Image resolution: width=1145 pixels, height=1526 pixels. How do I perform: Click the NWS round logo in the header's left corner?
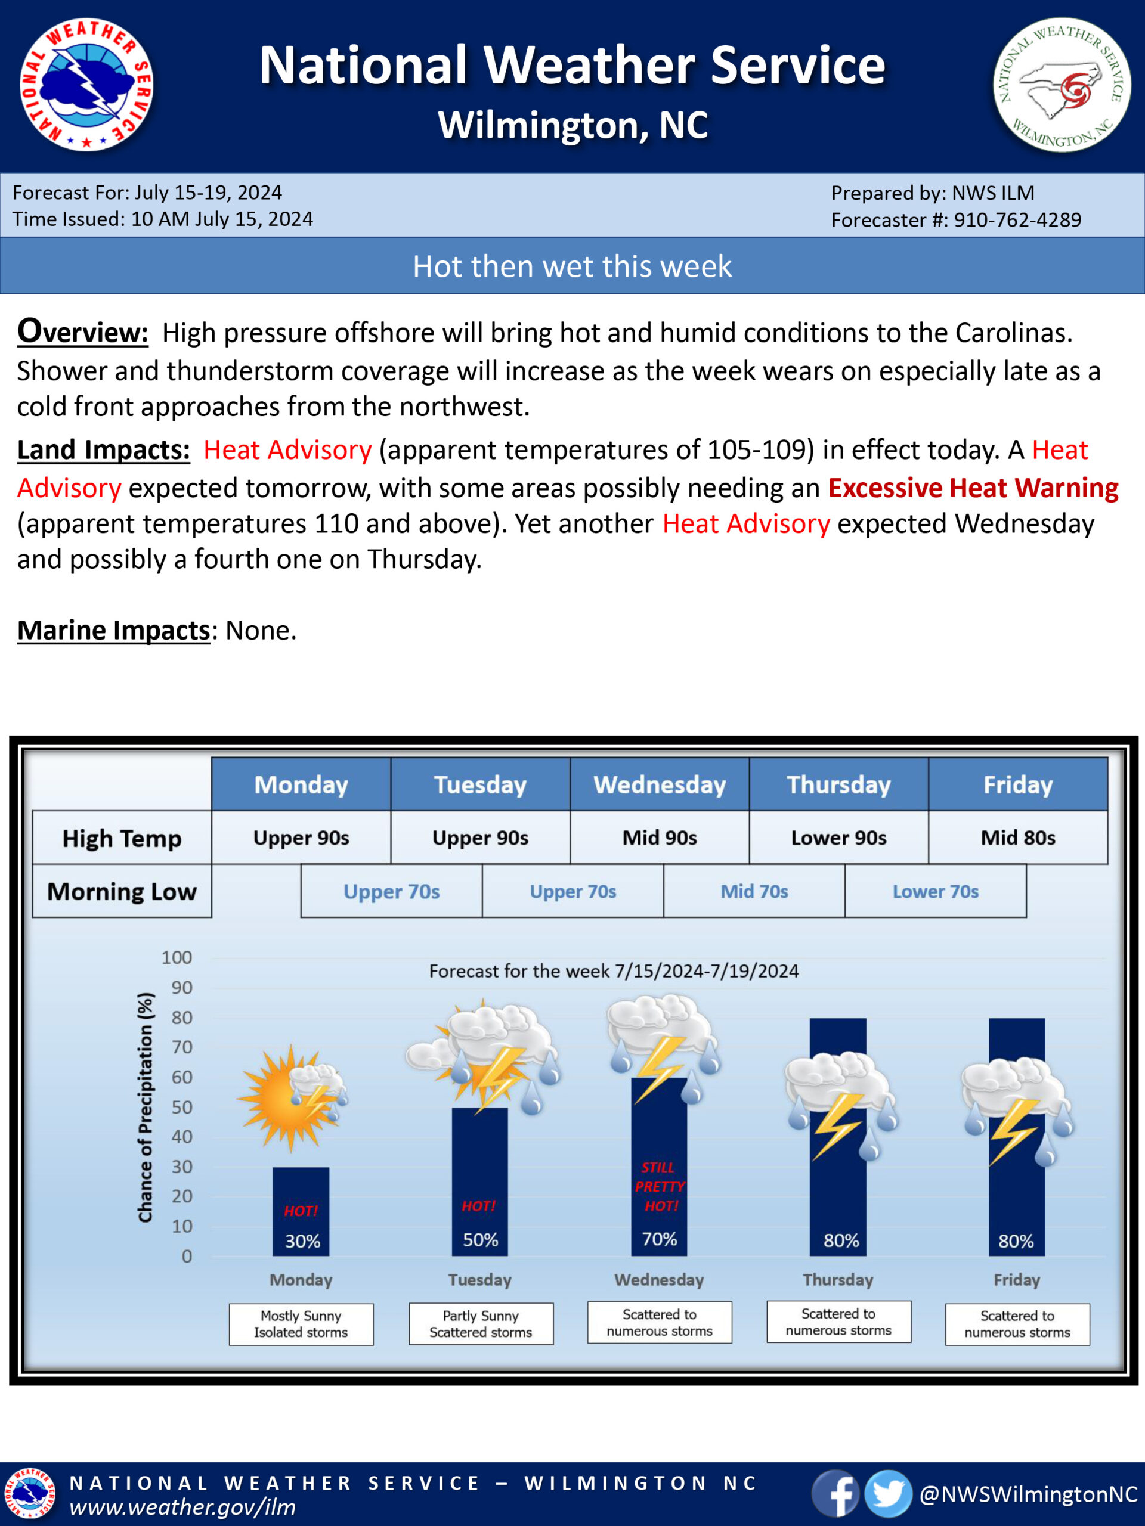click(86, 85)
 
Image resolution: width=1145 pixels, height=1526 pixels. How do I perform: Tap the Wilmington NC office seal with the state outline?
click(1062, 85)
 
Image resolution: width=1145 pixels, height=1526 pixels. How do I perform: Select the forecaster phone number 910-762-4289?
click(1017, 220)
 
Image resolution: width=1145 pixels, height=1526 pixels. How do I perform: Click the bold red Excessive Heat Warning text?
click(973, 488)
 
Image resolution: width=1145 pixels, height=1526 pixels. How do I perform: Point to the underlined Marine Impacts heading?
click(113, 631)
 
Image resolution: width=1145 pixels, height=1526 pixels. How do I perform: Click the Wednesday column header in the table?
click(659, 784)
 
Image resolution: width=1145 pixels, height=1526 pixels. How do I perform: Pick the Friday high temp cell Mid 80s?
click(1017, 838)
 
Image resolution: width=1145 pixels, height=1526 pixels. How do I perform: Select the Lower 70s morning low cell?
click(935, 891)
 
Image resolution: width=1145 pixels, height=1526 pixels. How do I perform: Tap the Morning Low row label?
click(122, 891)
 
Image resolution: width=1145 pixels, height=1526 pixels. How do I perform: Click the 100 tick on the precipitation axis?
click(177, 957)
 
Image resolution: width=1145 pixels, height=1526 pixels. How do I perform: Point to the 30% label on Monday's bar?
click(302, 1241)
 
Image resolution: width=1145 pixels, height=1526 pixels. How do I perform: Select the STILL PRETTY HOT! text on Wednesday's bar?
click(659, 1187)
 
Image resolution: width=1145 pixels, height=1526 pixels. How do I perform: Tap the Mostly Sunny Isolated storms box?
click(301, 1324)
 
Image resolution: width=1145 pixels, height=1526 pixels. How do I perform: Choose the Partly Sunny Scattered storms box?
click(480, 1324)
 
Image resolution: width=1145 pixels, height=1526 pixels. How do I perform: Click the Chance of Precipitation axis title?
click(145, 1108)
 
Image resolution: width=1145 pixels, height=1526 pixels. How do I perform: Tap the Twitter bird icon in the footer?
click(888, 1494)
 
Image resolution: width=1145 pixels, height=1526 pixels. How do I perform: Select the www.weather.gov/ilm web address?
click(183, 1508)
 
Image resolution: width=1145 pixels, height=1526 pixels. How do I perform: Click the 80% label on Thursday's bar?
click(841, 1241)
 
